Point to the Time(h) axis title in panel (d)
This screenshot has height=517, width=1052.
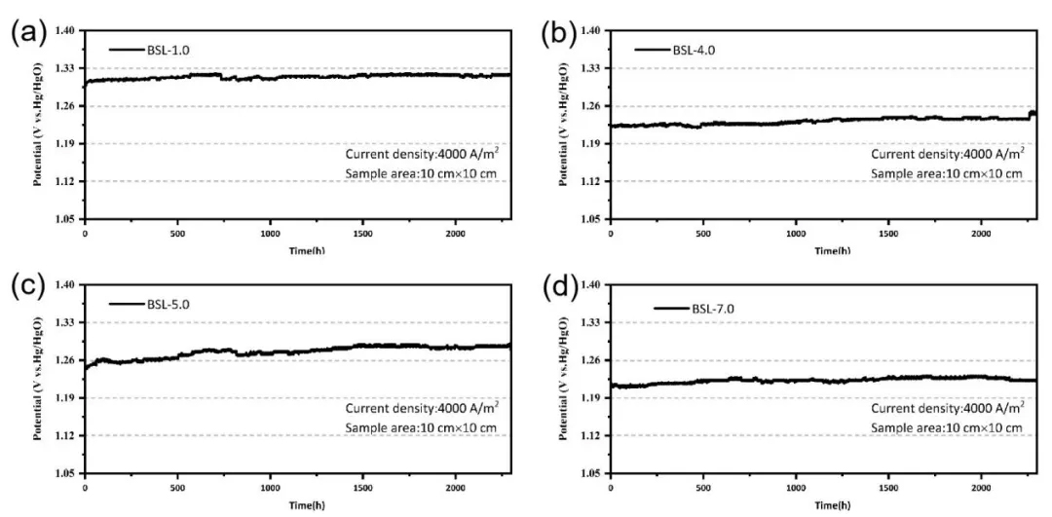tap(823, 505)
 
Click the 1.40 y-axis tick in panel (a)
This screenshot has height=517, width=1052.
tap(64, 30)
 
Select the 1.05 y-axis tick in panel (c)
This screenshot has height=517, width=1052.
tap(64, 473)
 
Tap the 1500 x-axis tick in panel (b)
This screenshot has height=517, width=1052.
tap(889, 235)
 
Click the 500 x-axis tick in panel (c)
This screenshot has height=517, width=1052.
tap(177, 489)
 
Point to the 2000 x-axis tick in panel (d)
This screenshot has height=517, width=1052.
tap(982, 489)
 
